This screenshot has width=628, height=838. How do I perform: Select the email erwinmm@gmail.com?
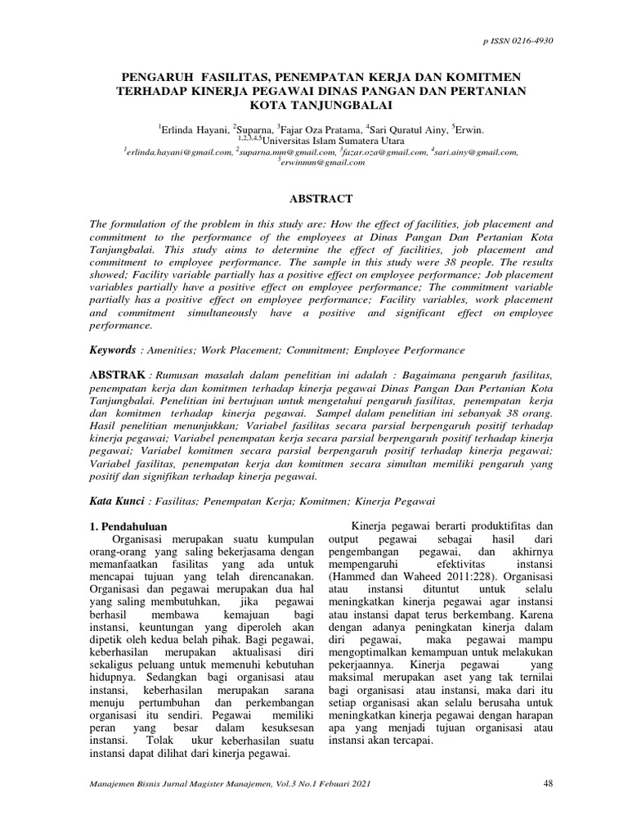point(323,162)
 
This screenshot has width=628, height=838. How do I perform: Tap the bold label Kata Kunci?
point(116,499)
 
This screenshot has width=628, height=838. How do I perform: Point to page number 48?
point(549,784)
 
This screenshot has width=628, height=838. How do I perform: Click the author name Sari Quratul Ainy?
point(408,129)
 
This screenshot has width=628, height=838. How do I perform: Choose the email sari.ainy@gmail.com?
point(476,151)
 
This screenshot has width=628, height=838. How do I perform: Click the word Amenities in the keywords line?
point(173,350)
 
